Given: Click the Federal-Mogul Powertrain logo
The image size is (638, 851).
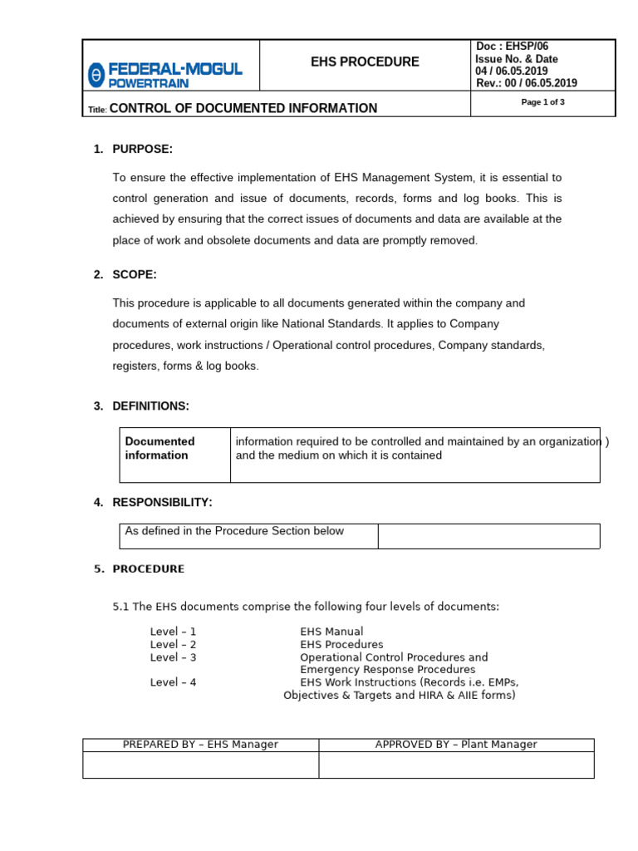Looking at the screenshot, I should (165, 74).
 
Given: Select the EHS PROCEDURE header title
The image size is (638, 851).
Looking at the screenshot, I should (365, 62).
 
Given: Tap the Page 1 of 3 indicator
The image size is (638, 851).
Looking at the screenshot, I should (542, 102).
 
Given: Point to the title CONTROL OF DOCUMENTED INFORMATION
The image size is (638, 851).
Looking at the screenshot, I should (243, 108).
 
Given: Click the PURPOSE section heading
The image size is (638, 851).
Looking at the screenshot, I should (142, 149).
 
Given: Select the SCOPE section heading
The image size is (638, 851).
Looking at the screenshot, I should (135, 274).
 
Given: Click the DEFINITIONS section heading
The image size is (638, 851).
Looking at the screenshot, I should (150, 406).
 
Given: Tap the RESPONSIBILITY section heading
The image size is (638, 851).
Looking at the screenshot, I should (162, 502).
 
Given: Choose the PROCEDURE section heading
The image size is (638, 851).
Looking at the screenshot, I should (149, 569).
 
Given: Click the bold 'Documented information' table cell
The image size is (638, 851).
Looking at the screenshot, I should (159, 449).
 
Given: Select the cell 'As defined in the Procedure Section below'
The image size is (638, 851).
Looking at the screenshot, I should (233, 531).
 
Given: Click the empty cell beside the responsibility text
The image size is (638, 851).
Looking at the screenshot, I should (488, 536).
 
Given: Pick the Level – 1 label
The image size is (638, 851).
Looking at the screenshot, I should (173, 632).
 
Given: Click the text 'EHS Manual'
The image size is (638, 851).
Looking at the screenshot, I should (331, 632).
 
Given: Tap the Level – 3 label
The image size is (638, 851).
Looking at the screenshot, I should (173, 657).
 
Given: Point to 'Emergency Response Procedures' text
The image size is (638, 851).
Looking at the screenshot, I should (388, 669).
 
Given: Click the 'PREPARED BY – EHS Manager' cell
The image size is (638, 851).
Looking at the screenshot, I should (200, 745).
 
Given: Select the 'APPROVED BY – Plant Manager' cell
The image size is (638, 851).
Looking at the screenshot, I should (456, 745).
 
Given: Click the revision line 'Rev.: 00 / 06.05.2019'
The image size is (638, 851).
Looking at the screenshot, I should (526, 83).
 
